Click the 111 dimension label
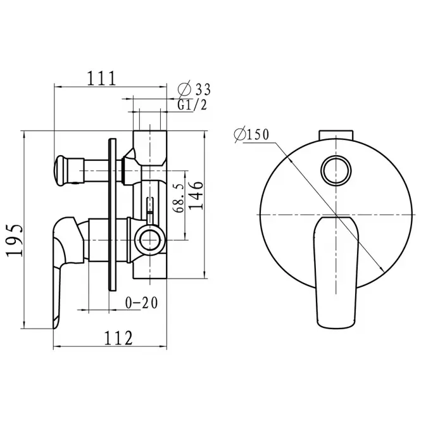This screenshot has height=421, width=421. (101, 78)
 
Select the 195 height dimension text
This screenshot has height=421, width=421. (15, 241)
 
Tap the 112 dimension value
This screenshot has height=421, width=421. (118, 338)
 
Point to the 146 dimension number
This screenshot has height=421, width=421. (196, 196)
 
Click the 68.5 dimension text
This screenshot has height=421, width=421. (179, 198)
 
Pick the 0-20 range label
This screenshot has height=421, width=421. (142, 303)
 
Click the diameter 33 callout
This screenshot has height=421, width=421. (194, 89)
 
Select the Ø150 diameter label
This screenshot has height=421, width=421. (251, 135)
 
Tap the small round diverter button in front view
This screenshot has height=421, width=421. (336, 170)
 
